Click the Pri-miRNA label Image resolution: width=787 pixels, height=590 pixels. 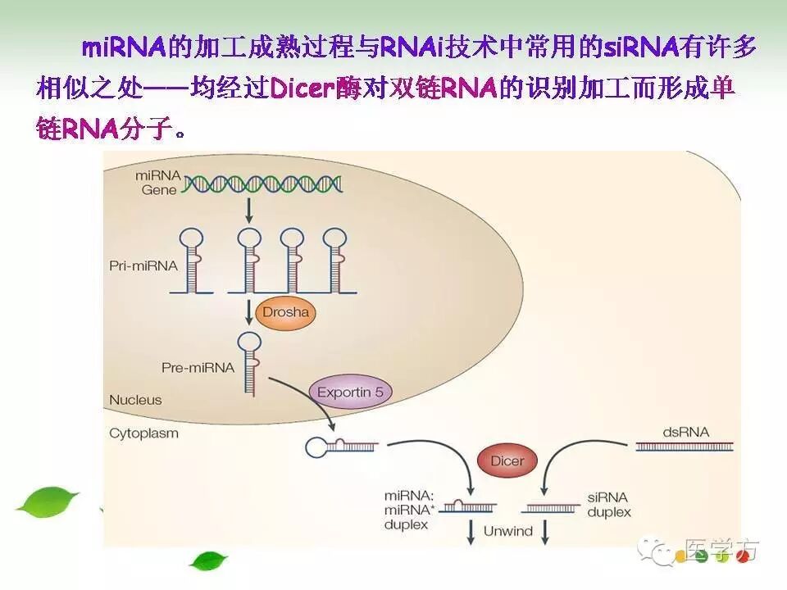coord(136,266)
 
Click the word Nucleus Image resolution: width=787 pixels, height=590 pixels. coord(135,401)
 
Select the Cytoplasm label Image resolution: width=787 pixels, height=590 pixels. coord(143,433)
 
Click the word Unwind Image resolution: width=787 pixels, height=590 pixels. coord(507,531)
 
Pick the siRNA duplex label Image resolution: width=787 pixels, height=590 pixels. coord(609,505)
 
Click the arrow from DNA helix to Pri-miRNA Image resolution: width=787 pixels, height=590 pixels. coord(248,211)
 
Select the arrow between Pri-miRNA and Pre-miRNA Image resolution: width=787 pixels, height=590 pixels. coord(248,312)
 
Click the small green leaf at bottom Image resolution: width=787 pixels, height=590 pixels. coord(208,560)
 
